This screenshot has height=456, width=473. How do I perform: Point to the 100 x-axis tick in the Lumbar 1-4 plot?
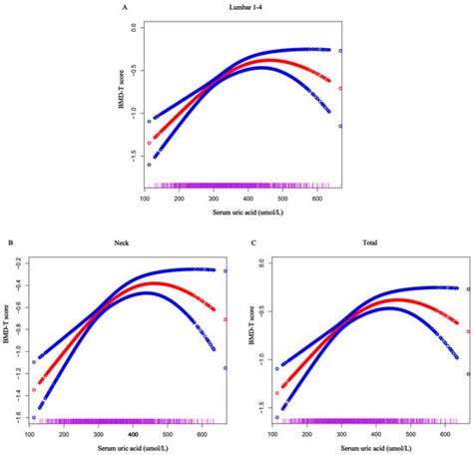pyautogui.click(x=146, y=200)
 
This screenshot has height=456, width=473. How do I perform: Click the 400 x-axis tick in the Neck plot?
pyautogui.click(x=133, y=435)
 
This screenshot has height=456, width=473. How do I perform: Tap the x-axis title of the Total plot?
pyautogui.click(x=363, y=449)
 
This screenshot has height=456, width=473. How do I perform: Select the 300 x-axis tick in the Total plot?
pyautogui.click(x=340, y=435)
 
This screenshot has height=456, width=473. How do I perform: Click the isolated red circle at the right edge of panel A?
pyautogui.click(x=341, y=88)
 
